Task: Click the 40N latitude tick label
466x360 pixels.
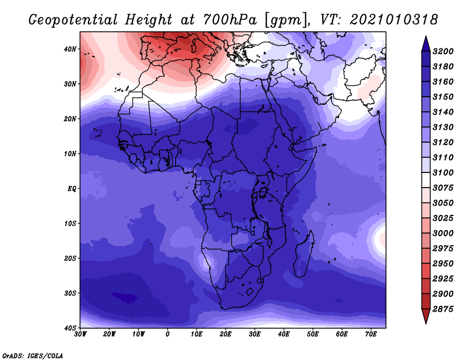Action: click(69, 49)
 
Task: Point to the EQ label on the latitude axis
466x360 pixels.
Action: click(72, 189)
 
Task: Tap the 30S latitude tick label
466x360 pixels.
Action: click(70, 294)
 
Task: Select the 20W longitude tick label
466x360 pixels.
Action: click(109, 334)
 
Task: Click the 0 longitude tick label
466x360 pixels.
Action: click(167, 334)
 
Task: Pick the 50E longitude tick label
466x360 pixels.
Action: click(313, 334)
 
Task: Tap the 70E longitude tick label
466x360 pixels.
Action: click(370, 334)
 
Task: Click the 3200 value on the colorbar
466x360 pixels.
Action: click(443, 51)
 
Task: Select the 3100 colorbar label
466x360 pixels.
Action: click(443, 172)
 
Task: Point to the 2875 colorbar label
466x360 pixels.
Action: click(443, 309)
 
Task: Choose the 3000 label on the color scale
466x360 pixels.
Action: click(443, 234)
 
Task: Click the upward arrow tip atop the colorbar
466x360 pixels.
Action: click(426, 37)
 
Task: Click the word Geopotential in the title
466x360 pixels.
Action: click(73, 20)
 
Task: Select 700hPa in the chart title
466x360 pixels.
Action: click(230, 20)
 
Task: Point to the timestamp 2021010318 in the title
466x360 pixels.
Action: click(394, 20)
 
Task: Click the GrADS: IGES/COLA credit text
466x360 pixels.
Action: click(33, 356)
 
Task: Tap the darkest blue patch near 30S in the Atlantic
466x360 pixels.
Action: click(125, 297)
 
